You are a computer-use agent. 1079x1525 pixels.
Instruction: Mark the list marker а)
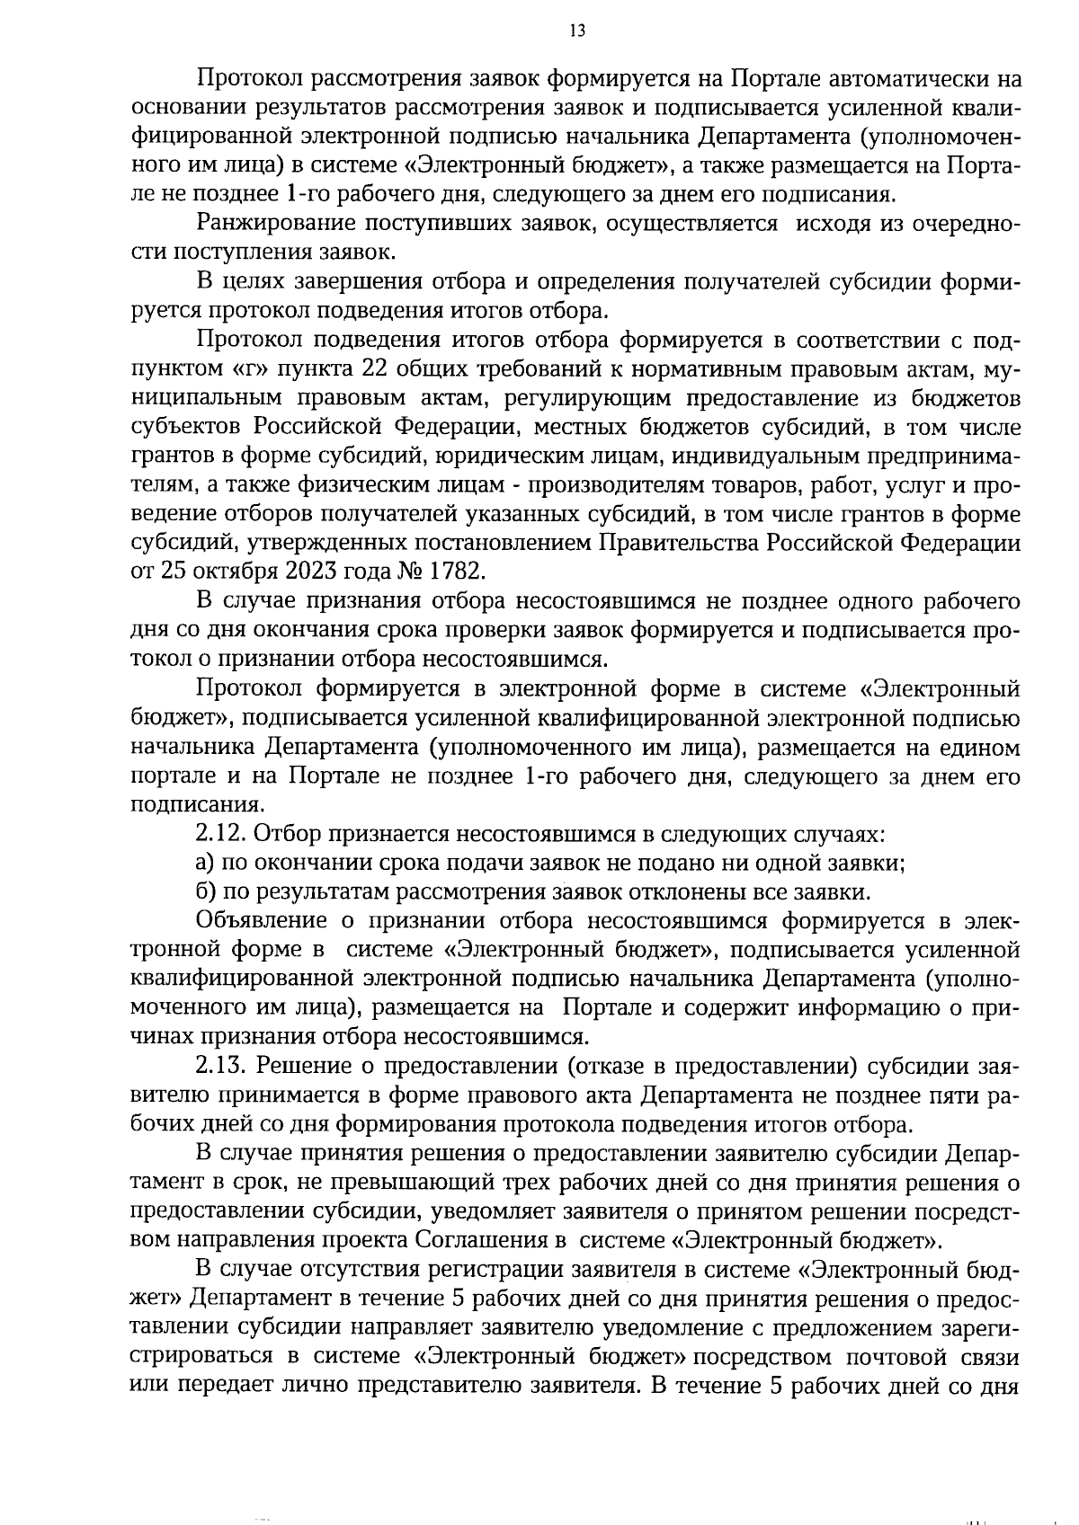[206, 864]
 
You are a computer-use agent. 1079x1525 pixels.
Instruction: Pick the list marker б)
[206, 892]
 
